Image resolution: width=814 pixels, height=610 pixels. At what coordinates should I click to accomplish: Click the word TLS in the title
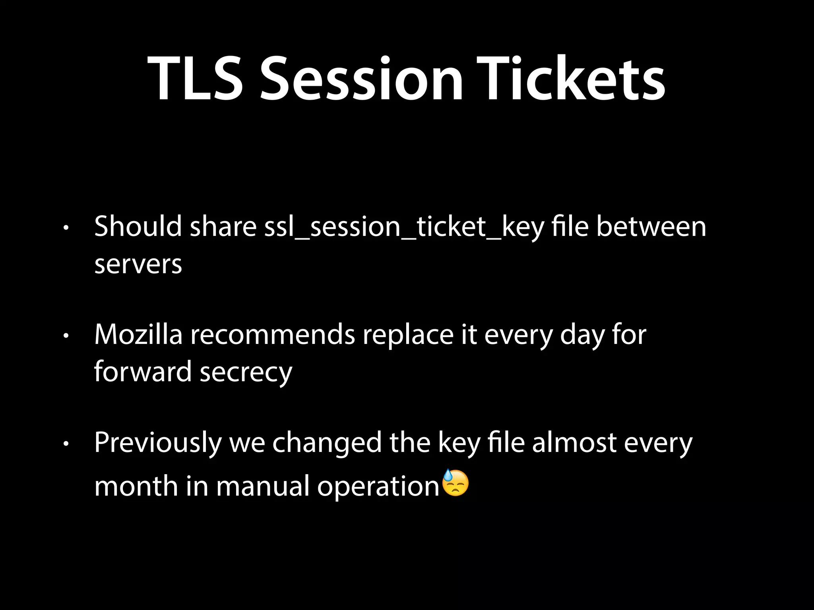tap(195, 78)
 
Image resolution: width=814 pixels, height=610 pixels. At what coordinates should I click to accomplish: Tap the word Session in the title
tap(361, 78)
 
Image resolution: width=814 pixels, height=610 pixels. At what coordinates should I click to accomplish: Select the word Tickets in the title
tap(571, 78)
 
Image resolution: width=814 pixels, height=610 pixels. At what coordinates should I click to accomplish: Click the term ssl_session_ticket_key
tap(404, 227)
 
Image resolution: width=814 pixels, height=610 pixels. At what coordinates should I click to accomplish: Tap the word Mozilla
tap(138, 334)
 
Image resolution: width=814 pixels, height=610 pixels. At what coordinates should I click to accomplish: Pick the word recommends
tap(272, 334)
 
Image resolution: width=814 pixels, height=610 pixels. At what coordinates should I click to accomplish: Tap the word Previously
tap(158, 443)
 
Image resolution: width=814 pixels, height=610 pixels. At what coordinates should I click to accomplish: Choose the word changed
tap(327, 443)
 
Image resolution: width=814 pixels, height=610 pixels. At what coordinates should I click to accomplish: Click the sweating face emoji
tap(455, 483)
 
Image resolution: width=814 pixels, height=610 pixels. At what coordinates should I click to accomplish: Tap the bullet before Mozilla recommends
tap(66, 336)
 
